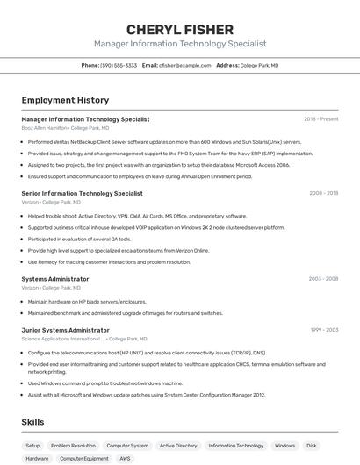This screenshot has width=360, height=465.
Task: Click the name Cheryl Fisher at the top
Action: (x=180, y=29)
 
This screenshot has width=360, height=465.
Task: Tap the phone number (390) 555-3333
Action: (x=119, y=65)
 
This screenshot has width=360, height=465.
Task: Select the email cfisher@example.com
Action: (x=184, y=65)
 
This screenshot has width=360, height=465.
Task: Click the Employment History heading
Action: (x=65, y=100)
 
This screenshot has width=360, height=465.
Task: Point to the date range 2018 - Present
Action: (x=320, y=118)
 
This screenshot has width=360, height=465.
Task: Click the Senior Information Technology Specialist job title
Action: (x=82, y=193)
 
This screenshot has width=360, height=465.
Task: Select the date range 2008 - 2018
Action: (x=323, y=193)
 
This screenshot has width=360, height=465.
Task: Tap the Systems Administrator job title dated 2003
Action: (x=55, y=278)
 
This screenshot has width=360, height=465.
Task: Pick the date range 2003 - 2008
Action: (x=323, y=278)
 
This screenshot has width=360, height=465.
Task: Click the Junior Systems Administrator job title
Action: (x=65, y=330)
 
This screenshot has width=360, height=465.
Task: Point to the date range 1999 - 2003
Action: (x=323, y=330)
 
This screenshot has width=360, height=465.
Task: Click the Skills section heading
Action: (x=32, y=422)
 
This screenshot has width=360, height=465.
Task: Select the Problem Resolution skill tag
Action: (x=73, y=446)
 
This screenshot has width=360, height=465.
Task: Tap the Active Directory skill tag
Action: (x=178, y=446)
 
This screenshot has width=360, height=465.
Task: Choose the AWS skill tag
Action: (x=125, y=458)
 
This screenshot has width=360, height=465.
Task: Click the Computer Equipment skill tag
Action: (x=84, y=458)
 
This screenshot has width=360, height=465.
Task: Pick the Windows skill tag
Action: (x=284, y=446)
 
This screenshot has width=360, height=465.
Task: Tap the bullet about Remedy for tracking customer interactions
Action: (x=109, y=261)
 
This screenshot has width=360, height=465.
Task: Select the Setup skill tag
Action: (x=32, y=446)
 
